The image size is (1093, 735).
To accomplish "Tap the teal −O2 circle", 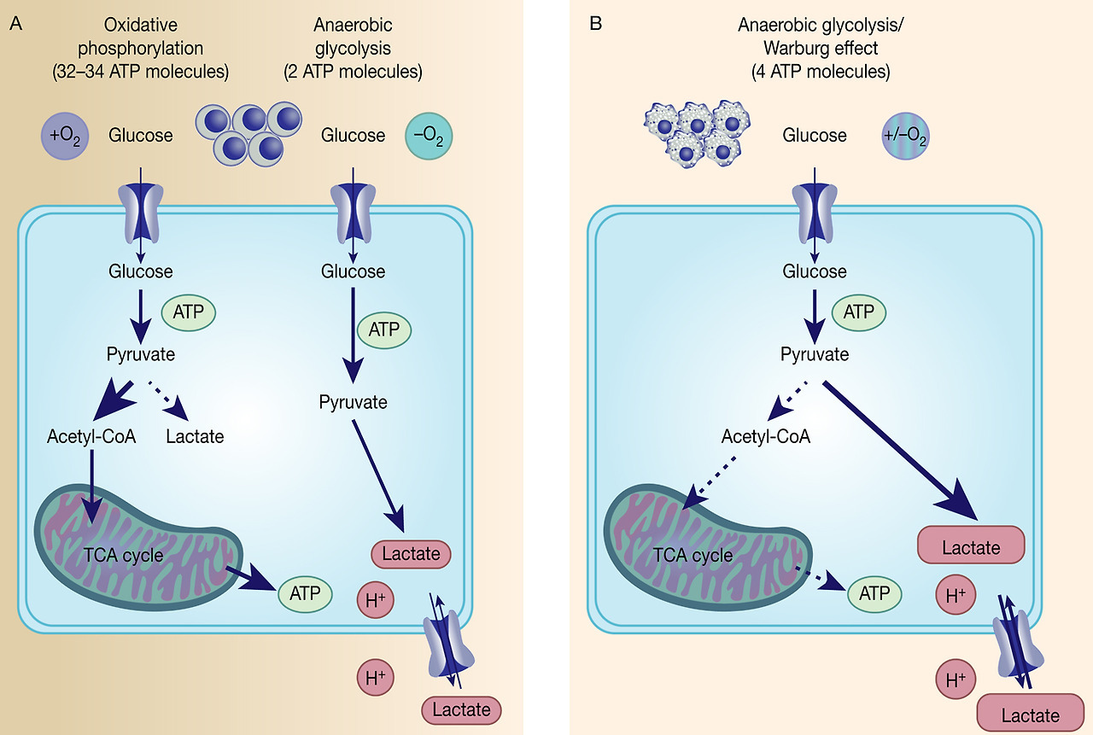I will pyautogui.click(x=429, y=136).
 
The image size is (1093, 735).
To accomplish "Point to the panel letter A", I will pyautogui.click(x=15, y=24).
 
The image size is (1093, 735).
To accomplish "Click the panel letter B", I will pyautogui.click(x=595, y=24).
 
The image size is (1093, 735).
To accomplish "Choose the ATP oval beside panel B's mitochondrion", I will pyautogui.click(x=874, y=593).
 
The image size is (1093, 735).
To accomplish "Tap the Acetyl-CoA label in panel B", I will pyautogui.click(x=765, y=437).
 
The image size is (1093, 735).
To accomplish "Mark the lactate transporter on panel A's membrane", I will pyautogui.click(x=448, y=642).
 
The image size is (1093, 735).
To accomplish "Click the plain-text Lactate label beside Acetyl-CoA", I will pyautogui.click(x=195, y=436).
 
